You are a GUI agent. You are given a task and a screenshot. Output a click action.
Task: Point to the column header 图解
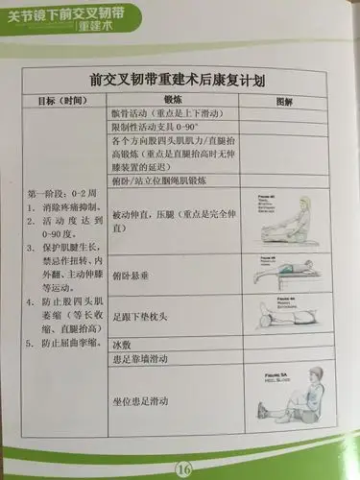[285, 101]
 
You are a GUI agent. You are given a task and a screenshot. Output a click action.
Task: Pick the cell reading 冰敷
[122, 343]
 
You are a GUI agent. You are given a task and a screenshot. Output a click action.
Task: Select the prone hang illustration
[287, 273]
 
